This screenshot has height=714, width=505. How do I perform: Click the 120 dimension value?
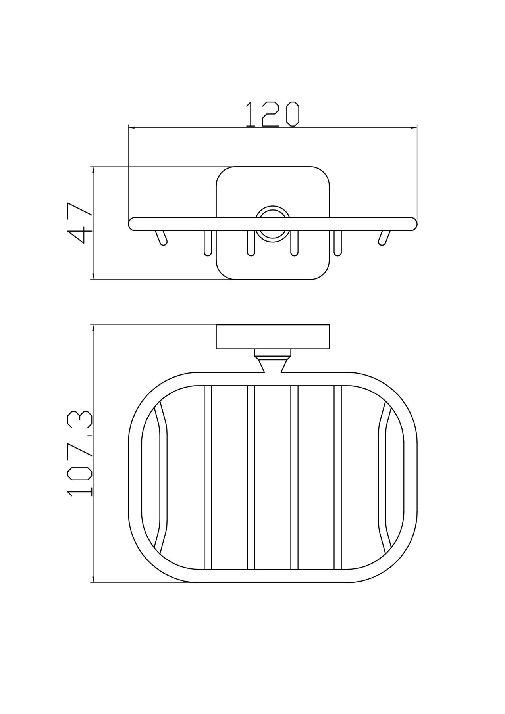272,114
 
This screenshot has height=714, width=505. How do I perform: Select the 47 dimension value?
81,223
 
